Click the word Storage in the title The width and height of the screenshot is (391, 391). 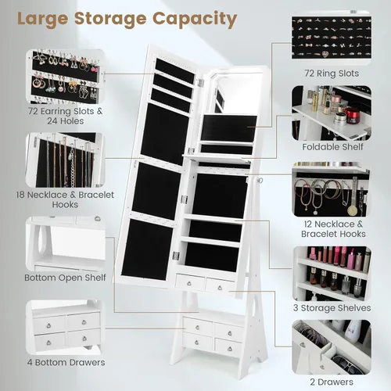point(110,19)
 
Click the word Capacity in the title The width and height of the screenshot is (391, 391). point(195,20)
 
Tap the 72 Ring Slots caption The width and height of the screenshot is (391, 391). point(332,74)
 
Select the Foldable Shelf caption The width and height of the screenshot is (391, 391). point(332,147)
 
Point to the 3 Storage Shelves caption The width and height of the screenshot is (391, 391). point(332,308)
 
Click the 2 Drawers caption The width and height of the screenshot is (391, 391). point(332,382)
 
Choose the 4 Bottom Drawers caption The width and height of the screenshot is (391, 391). point(66,362)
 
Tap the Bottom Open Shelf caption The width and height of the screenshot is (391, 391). point(65,278)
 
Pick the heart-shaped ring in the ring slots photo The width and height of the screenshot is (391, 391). point(325,54)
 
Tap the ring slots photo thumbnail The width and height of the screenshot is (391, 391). point(332,38)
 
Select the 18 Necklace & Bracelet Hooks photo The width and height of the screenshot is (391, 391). point(65,160)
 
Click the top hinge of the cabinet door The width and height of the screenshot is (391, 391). point(200,83)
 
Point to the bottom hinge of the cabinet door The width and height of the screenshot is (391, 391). point(176,256)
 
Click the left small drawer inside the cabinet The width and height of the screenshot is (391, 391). point(190,282)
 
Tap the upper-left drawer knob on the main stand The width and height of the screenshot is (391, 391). point(198,327)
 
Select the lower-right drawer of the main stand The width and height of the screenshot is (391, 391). point(228,348)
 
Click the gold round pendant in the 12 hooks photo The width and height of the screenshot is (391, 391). point(352,210)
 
